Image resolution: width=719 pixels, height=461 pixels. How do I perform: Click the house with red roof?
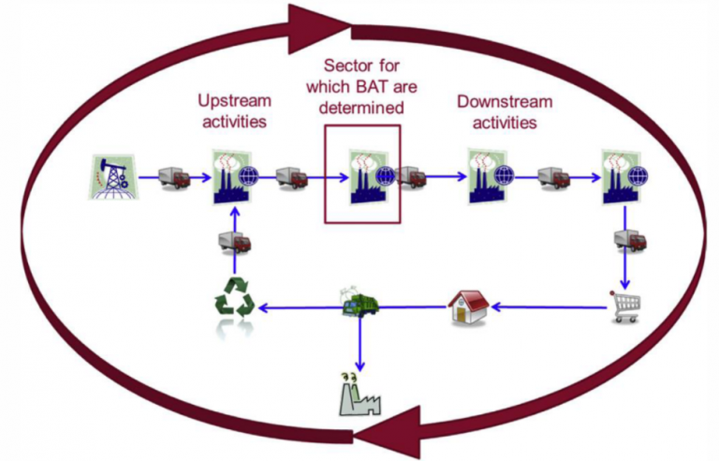(x=467, y=305)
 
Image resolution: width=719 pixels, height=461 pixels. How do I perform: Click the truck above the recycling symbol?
(x=234, y=243)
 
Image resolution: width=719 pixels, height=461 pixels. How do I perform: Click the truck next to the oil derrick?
(x=173, y=177)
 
